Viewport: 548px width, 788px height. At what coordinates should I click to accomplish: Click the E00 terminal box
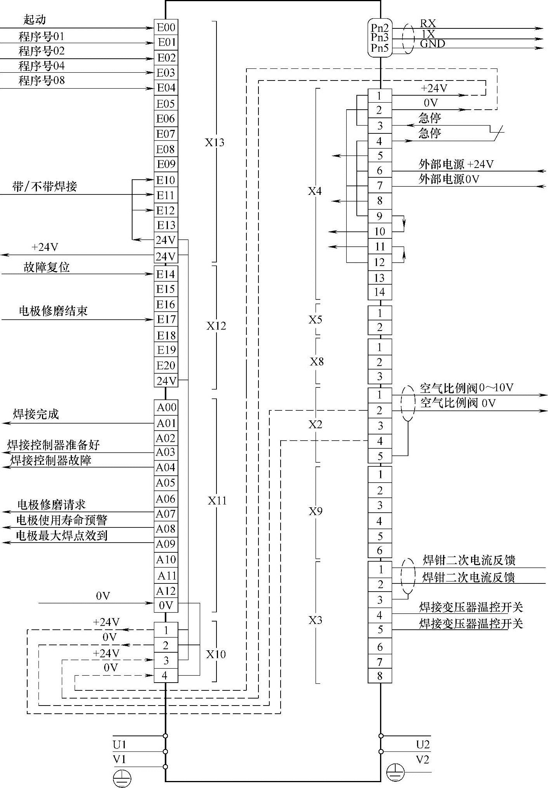pyautogui.click(x=166, y=27)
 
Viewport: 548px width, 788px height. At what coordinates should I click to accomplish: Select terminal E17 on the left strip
pyautogui.click(x=166, y=319)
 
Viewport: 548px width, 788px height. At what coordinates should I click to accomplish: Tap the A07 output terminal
pyautogui.click(x=166, y=514)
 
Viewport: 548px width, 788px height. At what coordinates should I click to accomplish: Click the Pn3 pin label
pyautogui.click(x=379, y=37)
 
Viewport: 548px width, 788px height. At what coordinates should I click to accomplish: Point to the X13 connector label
pyautogui.click(x=215, y=142)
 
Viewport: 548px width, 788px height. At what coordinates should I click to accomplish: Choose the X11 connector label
pyautogui.click(x=217, y=501)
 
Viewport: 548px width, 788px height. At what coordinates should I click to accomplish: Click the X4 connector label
pyautogui.click(x=315, y=191)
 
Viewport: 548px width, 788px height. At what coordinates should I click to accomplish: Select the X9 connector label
pyautogui.click(x=316, y=511)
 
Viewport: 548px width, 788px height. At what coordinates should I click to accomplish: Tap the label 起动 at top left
pyautogui.click(x=35, y=19)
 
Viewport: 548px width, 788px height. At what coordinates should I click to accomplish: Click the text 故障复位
pyautogui.click(x=47, y=267)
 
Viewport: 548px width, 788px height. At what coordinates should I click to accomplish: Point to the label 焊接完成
pyautogui.click(x=36, y=414)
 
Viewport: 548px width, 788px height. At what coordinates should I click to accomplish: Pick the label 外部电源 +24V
pyautogui.click(x=456, y=164)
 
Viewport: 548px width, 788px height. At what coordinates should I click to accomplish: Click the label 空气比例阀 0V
pyautogui.click(x=458, y=403)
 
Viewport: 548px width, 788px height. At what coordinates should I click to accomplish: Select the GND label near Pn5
pyautogui.click(x=432, y=44)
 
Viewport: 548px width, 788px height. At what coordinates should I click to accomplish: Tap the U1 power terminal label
pyautogui.click(x=120, y=744)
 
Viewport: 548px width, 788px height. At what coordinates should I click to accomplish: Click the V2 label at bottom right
pyautogui.click(x=422, y=760)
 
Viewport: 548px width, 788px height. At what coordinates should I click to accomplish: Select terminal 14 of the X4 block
pyautogui.click(x=379, y=292)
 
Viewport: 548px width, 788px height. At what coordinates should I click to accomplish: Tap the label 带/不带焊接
pyautogui.click(x=45, y=187)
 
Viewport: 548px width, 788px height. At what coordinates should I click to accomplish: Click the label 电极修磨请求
pyautogui.click(x=51, y=505)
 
